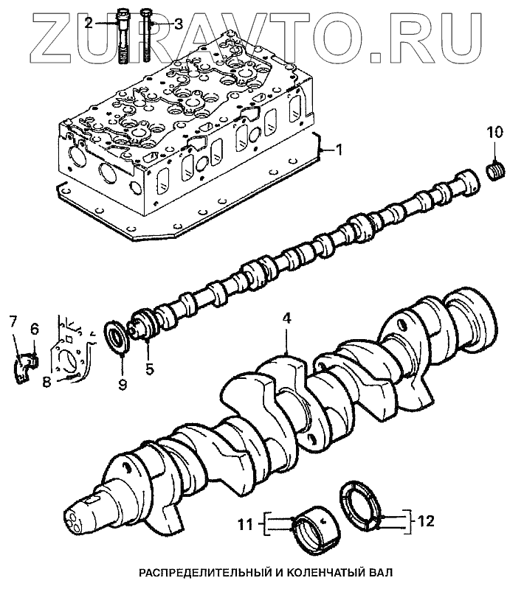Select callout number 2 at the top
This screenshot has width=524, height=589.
tap(89, 23)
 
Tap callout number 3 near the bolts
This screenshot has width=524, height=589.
tap(177, 23)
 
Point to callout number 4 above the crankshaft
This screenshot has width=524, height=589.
tap(286, 319)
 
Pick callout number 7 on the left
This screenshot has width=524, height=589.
tap(13, 320)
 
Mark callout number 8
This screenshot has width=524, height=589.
tap(46, 381)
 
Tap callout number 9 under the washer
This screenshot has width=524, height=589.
tap(123, 384)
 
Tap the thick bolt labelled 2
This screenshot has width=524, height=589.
tap(123, 37)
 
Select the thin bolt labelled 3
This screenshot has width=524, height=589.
tap(147, 37)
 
